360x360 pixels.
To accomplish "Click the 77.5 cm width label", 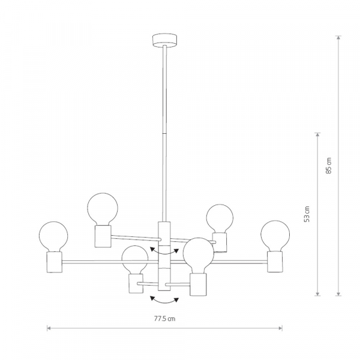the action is [x=164, y=319].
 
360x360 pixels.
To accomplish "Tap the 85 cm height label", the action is [x=329, y=166].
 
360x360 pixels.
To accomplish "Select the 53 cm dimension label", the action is [x=307, y=214].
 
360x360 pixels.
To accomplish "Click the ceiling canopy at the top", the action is [x=165, y=40].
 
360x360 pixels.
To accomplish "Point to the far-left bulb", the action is [x=53, y=237].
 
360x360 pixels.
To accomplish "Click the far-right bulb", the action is [x=275, y=236].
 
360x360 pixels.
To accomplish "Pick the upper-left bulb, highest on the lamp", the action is [x=103, y=209].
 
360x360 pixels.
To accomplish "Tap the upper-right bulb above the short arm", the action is [x=220, y=218].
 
